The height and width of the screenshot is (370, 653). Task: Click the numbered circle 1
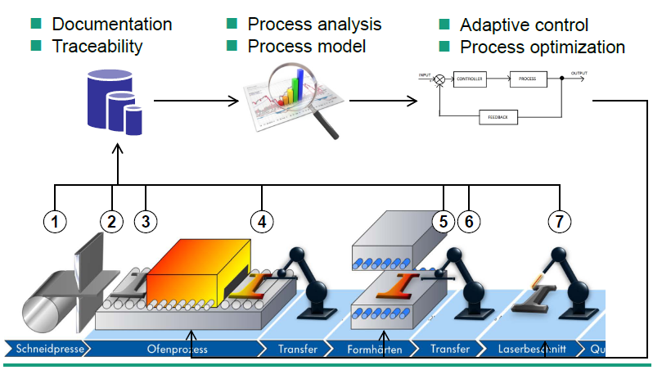point(55,220)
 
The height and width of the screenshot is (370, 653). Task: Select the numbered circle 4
point(262,220)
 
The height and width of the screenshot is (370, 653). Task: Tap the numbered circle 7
point(560,220)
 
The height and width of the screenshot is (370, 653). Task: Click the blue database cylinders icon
point(115,103)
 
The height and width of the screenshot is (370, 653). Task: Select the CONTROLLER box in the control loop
point(470,79)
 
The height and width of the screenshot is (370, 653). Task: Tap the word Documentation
point(112,25)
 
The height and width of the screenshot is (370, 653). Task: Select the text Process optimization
point(543,47)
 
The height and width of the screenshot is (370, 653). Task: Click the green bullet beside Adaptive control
point(445,25)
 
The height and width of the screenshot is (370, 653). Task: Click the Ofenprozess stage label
point(175,350)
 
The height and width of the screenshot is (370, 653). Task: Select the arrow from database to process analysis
point(196,102)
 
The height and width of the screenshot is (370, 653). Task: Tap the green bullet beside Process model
point(232,46)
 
